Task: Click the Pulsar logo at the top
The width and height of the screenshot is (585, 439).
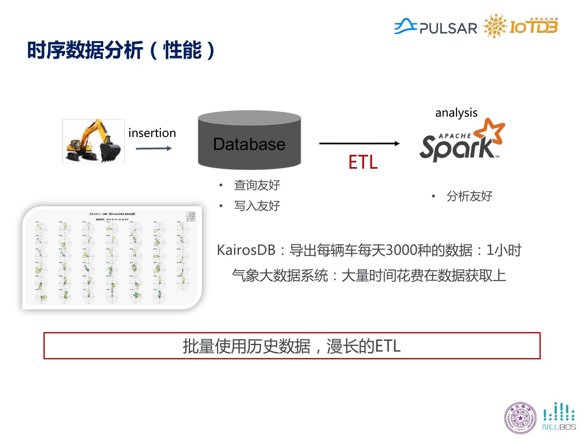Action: point(435,27)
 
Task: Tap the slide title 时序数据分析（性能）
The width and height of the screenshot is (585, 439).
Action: point(121,50)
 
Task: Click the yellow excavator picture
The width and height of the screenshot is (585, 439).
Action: point(93,141)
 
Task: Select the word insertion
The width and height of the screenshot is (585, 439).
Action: point(152,133)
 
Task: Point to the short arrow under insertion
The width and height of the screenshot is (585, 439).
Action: point(154,148)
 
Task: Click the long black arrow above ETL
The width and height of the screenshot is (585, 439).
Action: point(359,143)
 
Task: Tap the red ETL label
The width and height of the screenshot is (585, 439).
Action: point(363,162)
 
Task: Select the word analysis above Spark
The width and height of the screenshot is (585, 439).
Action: point(456,113)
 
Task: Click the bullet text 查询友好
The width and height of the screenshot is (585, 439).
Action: point(257,185)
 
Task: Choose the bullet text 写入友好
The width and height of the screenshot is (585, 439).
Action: point(257,206)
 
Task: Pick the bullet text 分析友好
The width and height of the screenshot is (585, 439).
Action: point(469,196)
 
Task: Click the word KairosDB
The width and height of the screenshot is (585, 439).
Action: point(246,250)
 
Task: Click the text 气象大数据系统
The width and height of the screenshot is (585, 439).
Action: point(280,276)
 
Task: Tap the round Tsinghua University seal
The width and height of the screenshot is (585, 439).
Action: point(520,417)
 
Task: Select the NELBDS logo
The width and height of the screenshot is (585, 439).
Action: point(559,417)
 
